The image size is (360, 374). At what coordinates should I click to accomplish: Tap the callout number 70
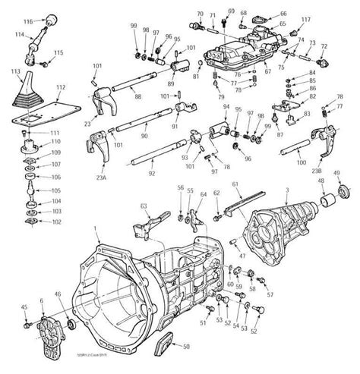click(x=200, y=14)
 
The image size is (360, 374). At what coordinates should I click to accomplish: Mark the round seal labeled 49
click(x=343, y=190)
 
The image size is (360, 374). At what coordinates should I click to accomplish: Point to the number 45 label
click(x=24, y=306)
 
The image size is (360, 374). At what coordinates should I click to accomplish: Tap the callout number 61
click(x=235, y=184)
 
